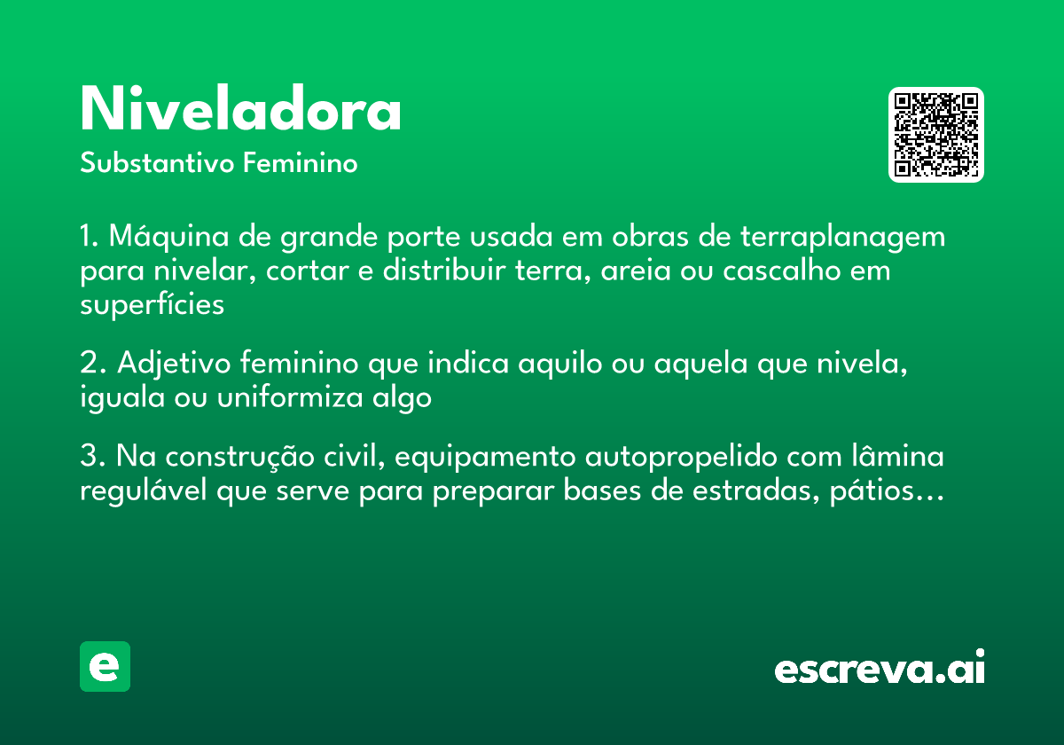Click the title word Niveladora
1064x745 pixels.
tap(240, 110)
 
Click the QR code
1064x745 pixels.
tap(936, 135)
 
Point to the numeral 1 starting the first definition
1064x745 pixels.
tap(87, 238)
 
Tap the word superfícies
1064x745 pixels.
tap(152, 304)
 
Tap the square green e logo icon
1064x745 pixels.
tap(105, 666)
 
